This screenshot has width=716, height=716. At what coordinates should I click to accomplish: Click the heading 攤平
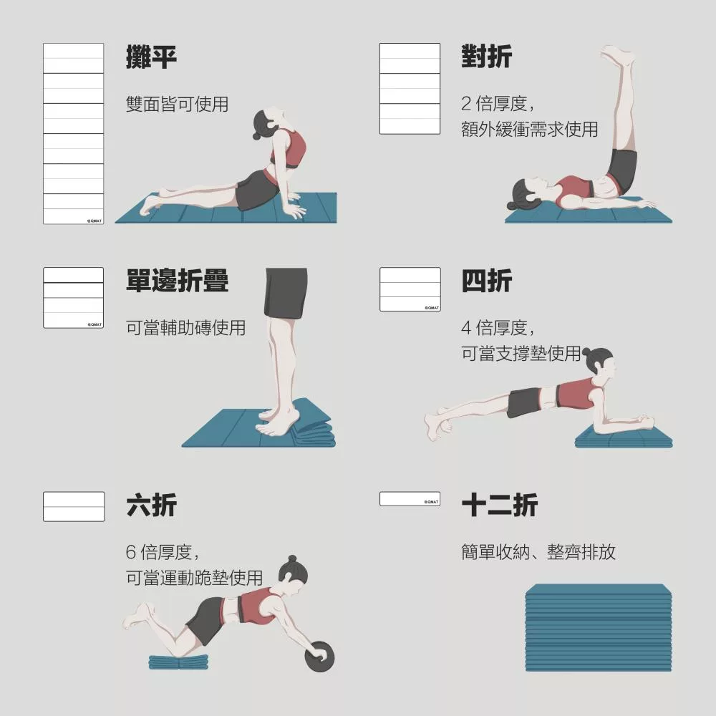coord(151,57)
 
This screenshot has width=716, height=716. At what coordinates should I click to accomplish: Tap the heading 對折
coord(486,57)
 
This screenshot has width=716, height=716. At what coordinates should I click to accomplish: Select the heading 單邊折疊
coord(177,281)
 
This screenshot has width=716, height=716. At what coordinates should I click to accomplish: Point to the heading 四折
coord(486,281)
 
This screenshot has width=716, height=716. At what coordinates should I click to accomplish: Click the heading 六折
coord(151,505)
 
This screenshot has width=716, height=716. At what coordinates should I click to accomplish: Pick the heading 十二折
coord(500,505)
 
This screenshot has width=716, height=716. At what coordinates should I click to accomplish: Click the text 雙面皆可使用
coord(177,104)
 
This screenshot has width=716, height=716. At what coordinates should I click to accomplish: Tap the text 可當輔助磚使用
coord(186,328)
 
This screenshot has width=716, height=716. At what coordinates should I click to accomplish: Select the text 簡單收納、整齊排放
coord(538,552)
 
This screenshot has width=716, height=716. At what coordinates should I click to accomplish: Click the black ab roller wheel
coord(319,657)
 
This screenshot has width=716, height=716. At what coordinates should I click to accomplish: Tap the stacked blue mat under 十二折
coord(598,627)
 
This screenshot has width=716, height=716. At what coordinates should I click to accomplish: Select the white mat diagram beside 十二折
coord(410,498)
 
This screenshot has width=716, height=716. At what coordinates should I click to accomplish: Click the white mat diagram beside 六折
coord(74,506)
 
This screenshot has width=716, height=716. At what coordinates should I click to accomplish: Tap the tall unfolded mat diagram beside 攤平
coord(74,133)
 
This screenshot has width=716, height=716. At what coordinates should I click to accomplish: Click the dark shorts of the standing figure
coord(286,293)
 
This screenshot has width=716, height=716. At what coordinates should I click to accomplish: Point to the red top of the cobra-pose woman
coord(289,150)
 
